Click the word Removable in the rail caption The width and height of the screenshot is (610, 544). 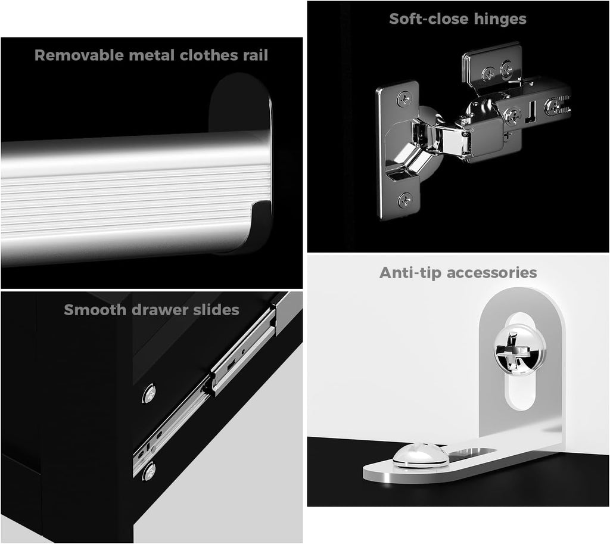[79, 55]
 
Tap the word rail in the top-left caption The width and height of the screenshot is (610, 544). [256, 55]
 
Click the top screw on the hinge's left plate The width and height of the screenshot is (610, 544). [405, 100]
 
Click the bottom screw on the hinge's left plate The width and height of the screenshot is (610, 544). [406, 201]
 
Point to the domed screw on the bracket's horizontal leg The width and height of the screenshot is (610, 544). [421, 454]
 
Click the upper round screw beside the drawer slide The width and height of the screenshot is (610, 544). [149, 394]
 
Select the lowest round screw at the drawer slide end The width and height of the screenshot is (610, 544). [149, 471]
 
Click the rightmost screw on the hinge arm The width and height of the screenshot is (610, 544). [553, 106]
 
